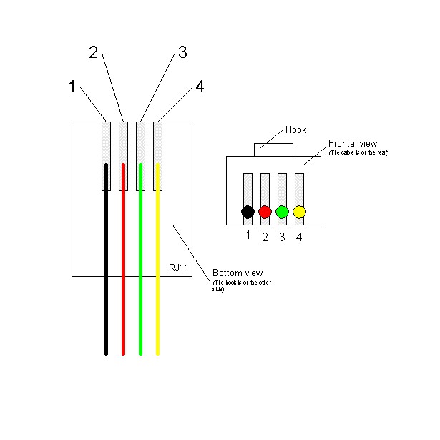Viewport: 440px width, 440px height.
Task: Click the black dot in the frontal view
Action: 248,212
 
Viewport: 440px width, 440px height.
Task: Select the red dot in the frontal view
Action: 265,212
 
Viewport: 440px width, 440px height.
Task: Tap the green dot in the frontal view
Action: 282,212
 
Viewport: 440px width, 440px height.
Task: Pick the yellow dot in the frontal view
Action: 299,212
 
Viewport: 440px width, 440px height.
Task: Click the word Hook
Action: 295,129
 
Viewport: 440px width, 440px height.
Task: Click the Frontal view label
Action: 352,143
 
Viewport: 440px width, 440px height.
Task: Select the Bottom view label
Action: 238,273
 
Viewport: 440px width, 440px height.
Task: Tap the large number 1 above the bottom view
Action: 72,87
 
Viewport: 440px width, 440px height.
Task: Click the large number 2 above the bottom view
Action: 93,52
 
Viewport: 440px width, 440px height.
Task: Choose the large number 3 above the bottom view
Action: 182,52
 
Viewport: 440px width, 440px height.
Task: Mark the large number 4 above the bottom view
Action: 200,87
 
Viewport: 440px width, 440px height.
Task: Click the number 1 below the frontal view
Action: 248,235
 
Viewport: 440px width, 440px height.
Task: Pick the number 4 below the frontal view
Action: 299,237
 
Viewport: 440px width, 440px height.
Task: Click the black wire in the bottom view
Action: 107,286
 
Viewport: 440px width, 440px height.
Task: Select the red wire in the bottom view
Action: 124,286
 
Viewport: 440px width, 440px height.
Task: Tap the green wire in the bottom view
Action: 141,286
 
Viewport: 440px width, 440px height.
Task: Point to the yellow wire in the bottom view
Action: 158,286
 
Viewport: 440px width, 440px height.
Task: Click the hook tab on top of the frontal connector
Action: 273,150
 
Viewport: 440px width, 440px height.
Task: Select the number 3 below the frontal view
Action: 282,237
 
